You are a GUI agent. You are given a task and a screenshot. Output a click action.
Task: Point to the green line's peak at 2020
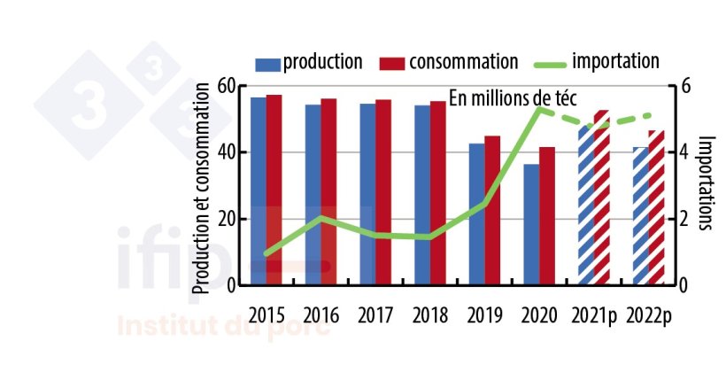[538, 108]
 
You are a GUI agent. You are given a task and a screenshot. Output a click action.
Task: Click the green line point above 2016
[321, 218]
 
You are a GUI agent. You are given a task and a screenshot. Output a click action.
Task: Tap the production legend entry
[309, 62]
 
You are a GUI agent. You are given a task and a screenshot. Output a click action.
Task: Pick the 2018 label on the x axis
[430, 315]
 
